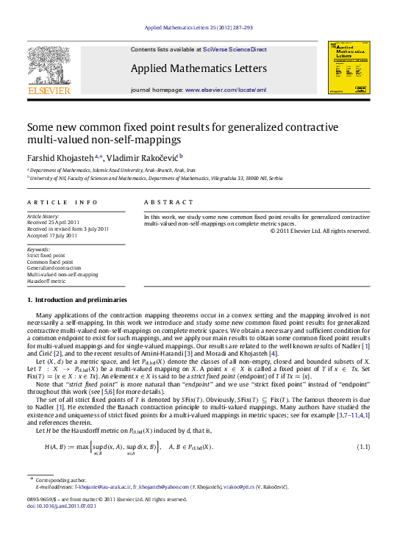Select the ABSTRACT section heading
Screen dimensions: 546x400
(162, 201)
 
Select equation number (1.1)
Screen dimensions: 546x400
(362, 448)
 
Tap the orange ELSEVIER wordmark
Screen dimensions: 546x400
(49, 90)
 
